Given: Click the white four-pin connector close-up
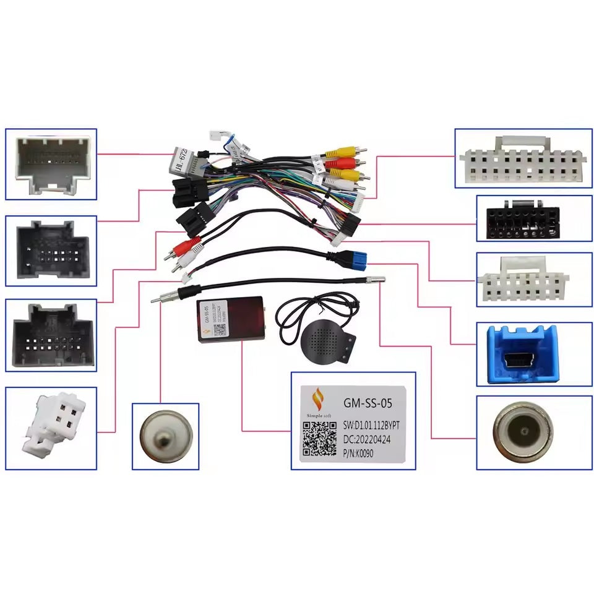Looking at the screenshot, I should click(x=53, y=423).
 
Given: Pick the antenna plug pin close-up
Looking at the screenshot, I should click(x=165, y=436).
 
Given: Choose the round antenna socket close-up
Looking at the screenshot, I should click(x=522, y=432).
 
